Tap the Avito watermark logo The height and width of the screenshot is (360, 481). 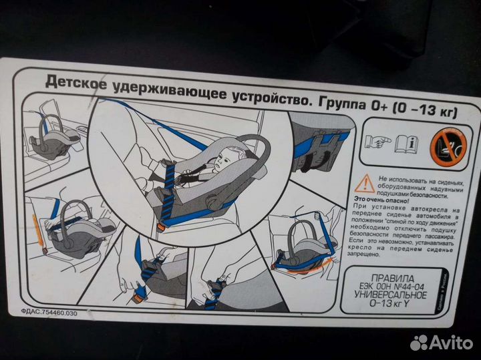(441, 343)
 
